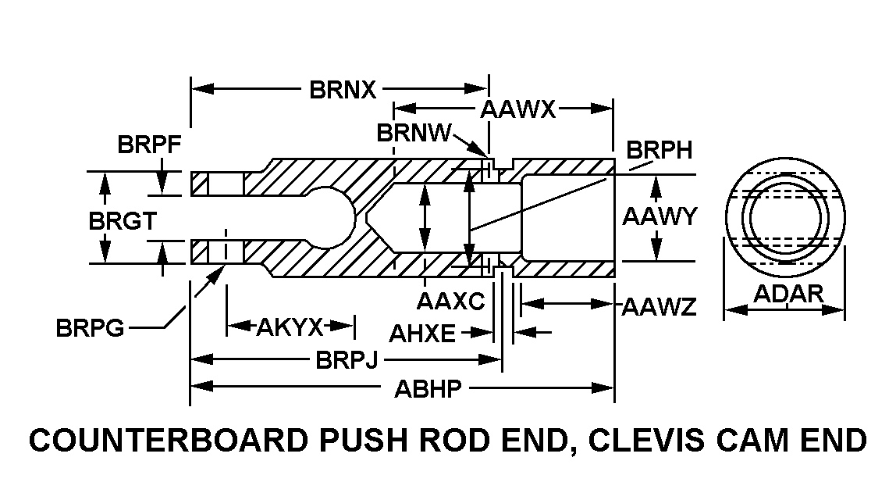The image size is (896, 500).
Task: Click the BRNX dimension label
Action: pyautogui.click(x=343, y=90)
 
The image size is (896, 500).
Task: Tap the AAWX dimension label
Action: pyautogui.click(x=517, y=109)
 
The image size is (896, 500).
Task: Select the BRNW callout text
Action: pyautogui.click(x=413, y=133)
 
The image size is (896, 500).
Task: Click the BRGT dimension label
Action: pyautogui.click(x=122, y=221)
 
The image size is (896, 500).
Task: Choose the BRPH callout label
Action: pyautogui.click(x=660, y=149)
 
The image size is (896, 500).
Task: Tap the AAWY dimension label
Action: pyautogui.click(x=658, y=216)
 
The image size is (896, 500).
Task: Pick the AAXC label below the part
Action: pyautogui.click(x=450, y=300)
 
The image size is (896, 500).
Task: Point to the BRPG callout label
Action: pyautogui.click(x=90, y=328)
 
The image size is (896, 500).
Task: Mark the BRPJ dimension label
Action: pyautogui.click(x=347, y=360)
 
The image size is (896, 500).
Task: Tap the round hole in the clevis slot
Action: pyautogui.click(x=326, y=217)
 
